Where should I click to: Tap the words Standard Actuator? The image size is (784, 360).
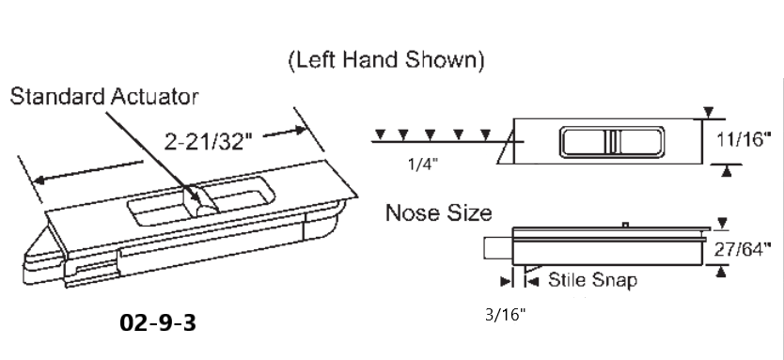[x=105, y=97]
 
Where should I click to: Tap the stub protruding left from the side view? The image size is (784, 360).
[x=496, y=249]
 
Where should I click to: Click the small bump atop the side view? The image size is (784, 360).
[x=625, y=225]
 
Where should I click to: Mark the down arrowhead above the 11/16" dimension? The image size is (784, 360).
[x=708, y=115]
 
